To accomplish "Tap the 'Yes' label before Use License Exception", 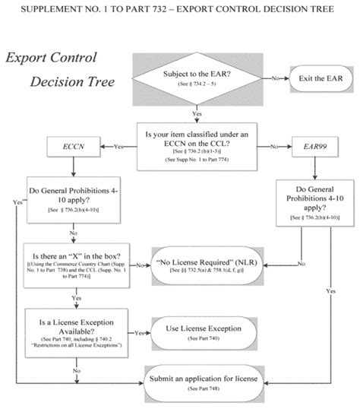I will click(x=140, y=333).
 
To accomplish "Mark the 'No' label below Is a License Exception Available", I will click(x=76, y=369).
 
